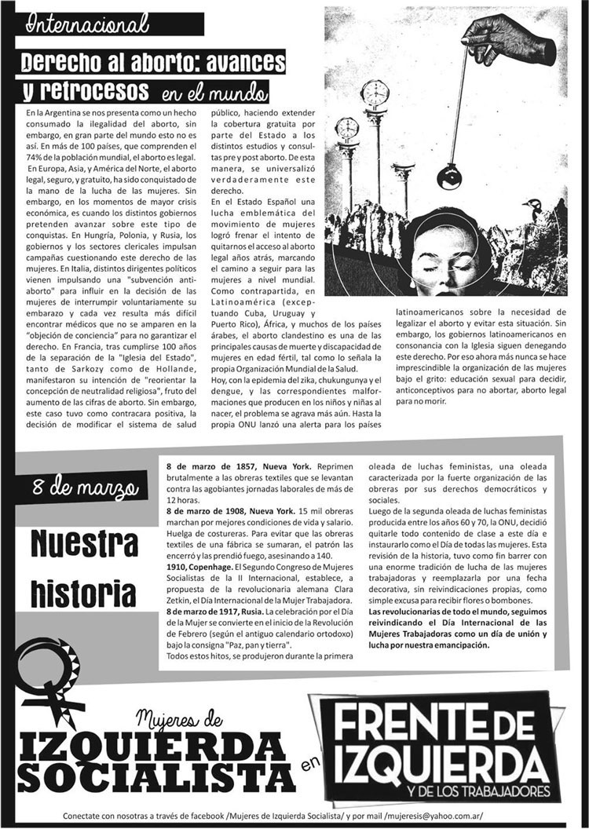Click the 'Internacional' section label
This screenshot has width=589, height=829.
[x=88, y=24]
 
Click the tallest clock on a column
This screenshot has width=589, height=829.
[x=375, y=95]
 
